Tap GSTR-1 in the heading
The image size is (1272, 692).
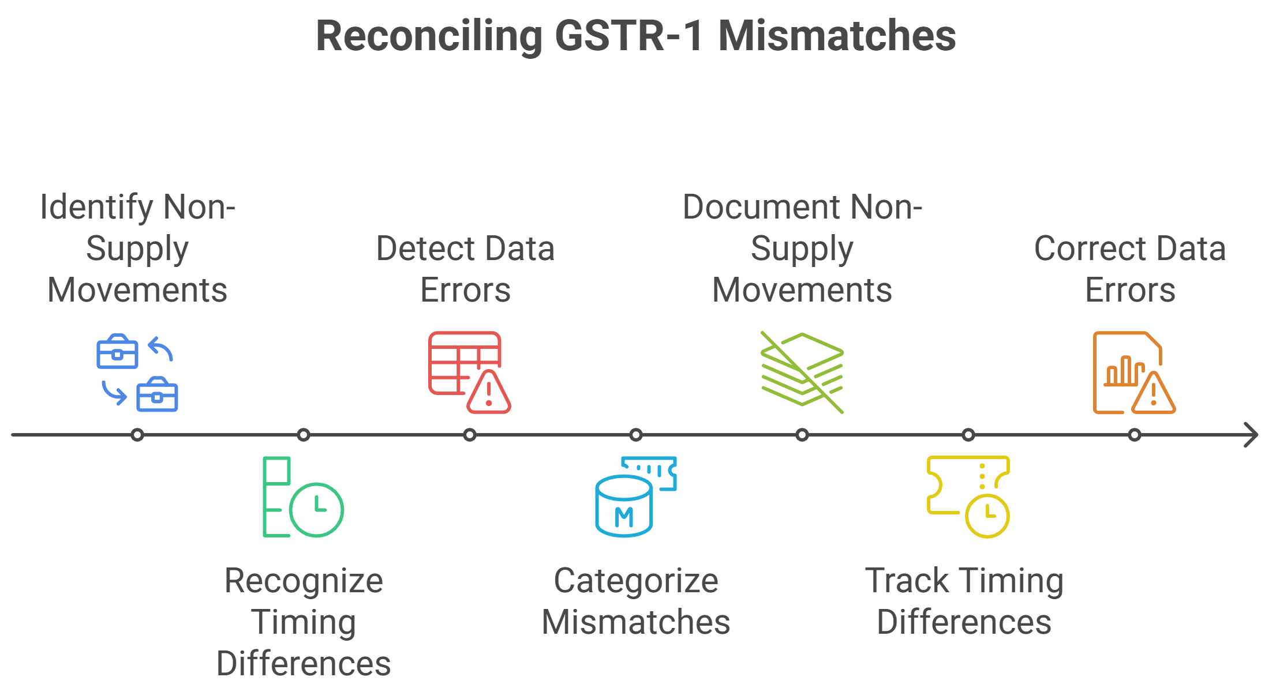pos(628,36)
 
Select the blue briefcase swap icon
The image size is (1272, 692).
pos(137,373)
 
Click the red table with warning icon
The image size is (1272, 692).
pos(469,372)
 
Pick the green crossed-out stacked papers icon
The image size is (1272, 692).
pos(802,371)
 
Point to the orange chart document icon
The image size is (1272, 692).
pos(1133,373)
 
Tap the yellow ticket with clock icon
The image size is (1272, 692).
pos(968,496)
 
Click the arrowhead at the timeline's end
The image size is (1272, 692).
pos(1251,435)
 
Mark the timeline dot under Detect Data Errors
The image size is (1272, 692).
pos(470,435)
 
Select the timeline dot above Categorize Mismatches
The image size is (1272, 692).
pos(636,435)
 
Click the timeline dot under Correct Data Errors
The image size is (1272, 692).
pos(1135,435)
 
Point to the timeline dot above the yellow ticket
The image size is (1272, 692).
pos(968,435)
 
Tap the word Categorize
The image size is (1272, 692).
pos(636,580)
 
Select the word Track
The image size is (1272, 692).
pos(907,580)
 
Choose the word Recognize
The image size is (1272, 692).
pos(304,581)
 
